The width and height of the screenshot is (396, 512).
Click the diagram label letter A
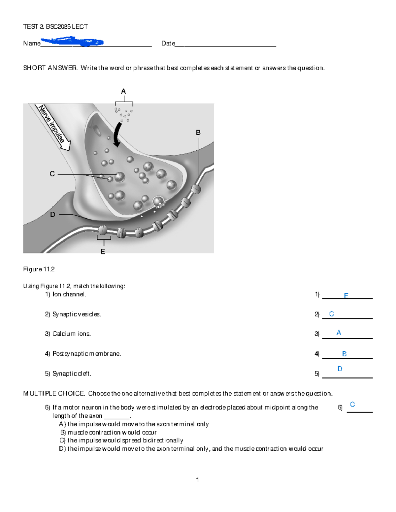pyautogui.click(x=123, y=91)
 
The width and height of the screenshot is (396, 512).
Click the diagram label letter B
pyautogui.click(x=198, y=133)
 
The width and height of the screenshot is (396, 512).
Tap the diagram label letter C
pyautogui.click(x=52, y=174)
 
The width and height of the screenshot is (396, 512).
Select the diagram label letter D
pyautogui.click(x=52, y=215)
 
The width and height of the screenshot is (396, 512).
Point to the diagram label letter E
pyautogui.click(x=103, y=252)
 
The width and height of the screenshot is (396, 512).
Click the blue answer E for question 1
pyautogui.click(x=346, y=296)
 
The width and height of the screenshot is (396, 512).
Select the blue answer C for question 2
pyautogui.click(x=332, y=314)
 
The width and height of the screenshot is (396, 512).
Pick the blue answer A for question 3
pyautogui.click(x=339, y=333)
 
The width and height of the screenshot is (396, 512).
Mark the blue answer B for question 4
pyautogui.click(x=344, y=354)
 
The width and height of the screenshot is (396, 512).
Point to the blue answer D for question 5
pyautogui.click(x=340, y=369)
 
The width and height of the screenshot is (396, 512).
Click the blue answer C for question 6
pyautogui.click(x=352, y=404)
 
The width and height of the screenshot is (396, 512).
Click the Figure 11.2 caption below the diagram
pyautogui.click(x=39, y=269)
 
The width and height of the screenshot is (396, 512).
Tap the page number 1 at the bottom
pyautogui.click(x=197, y=480)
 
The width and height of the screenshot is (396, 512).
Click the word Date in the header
pyautogui.click(x=168, y=43)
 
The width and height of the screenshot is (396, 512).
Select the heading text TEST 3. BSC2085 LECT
pyautogui.click(x=55, y=27)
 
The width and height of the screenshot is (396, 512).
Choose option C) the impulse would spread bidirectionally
pyautogui.click(x=121, y=440)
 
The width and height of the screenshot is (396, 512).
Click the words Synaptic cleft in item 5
pyautogui.click(x=72, y=374)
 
